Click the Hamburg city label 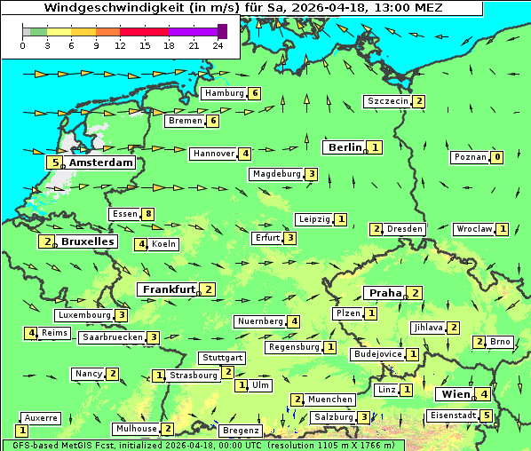[224, 93]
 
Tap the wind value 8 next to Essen [148, 214]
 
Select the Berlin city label [345, 147]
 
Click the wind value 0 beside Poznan [497, 157]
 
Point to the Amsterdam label [100, 162]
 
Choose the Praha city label [385, 293]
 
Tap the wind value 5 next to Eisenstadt [486, 415]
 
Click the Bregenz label [241, 431]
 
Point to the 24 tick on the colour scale [218, 46]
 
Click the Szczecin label [388, 101]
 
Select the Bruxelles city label [86, 241]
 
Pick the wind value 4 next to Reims [31, 333]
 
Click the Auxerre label [41, 417]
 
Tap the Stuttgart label [222, 358]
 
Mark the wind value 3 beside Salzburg [363, 417]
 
